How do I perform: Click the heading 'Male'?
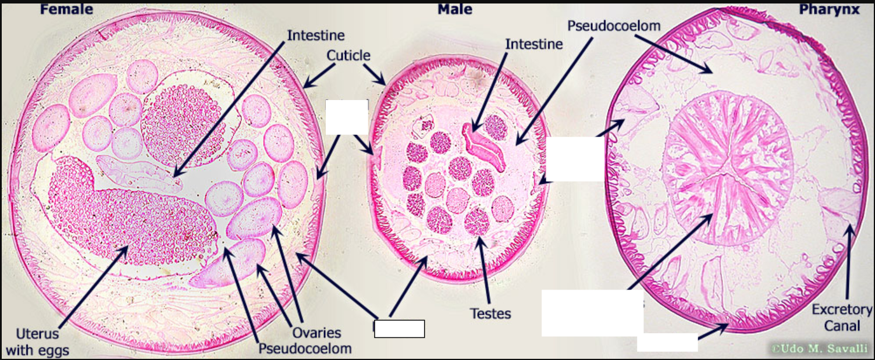pos(455,9)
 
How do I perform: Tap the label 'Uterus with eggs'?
pos(37,342)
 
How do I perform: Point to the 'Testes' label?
pos(490,313)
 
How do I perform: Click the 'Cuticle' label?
pos(348,55)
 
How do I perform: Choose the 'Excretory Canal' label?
pos(841,318)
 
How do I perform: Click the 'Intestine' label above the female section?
pos(316,35)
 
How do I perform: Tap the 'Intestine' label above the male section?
pos(534,44)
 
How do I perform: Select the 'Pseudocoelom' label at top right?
pos(614,26)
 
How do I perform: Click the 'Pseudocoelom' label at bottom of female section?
pos(305,348)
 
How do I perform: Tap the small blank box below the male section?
pos(399,329)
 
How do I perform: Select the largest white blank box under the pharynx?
pos(592,313)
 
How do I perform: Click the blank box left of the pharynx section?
pos(575,159)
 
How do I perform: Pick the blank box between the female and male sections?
pos(347,117)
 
